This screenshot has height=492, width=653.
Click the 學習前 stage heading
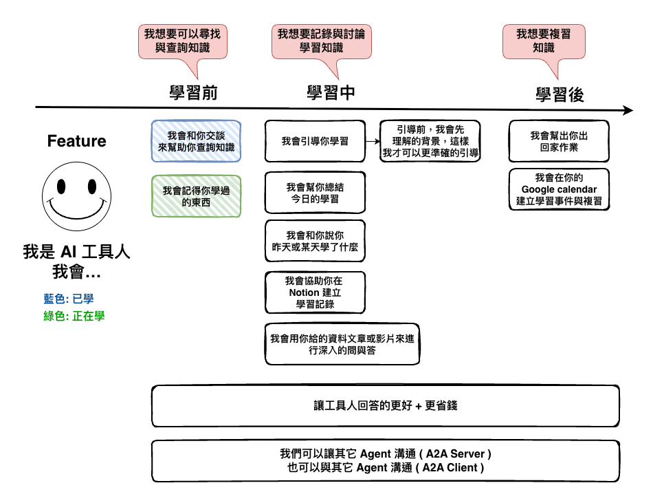194,92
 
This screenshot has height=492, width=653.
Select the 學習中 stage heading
331,92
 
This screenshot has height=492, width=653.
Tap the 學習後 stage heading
560,94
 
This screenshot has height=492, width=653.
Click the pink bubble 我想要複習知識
544,41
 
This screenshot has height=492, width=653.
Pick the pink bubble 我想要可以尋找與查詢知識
182,41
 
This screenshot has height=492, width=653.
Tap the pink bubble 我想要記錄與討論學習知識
321,41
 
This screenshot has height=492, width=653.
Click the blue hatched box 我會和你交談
196,141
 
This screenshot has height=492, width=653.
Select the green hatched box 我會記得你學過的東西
196,197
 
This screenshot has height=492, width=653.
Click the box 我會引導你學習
315,141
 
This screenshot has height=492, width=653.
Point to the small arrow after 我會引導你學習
373,141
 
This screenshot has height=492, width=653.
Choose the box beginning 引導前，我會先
430,141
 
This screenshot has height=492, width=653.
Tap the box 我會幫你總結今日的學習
315,192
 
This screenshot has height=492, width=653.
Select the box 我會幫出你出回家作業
559,141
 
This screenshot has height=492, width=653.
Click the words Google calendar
559,189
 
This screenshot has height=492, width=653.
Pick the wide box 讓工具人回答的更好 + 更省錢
385,406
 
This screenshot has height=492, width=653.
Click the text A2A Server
457,454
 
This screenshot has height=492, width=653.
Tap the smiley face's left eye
62,186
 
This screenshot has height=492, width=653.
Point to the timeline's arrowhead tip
632,110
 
